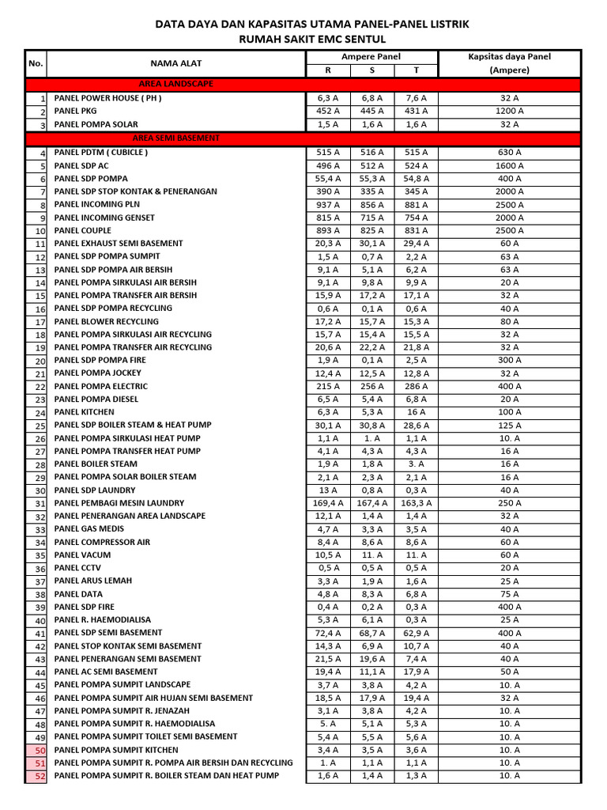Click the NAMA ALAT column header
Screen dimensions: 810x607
tap(176, 63)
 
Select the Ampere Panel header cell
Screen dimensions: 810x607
tap(371, 57)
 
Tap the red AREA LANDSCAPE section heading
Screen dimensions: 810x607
tap(175, 84)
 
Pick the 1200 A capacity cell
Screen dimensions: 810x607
tap(510, 112)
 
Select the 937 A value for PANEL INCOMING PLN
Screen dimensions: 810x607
tap(328, 205)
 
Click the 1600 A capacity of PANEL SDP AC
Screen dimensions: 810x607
tap(510, 166)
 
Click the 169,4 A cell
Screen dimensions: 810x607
tap(328, 503)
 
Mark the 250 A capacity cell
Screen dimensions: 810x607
tap(510, 503)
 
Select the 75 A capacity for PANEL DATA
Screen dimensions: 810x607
tap(510, 594)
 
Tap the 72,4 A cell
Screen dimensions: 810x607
tap(328, 633)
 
